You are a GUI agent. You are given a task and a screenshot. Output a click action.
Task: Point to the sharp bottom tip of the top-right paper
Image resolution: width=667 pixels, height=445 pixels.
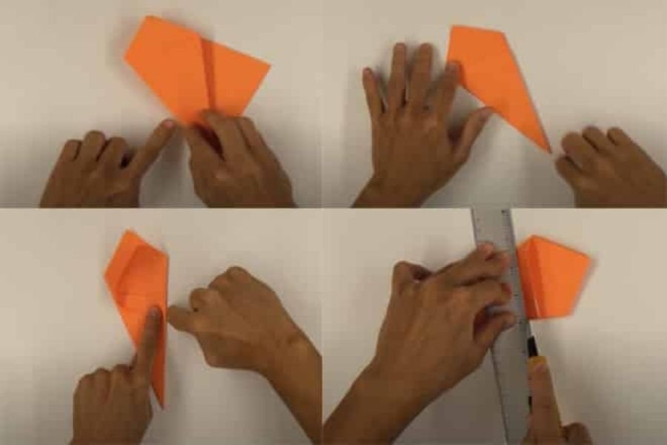point(548,151)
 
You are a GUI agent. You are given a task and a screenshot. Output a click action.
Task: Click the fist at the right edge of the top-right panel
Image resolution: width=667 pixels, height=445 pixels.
point(608,167)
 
